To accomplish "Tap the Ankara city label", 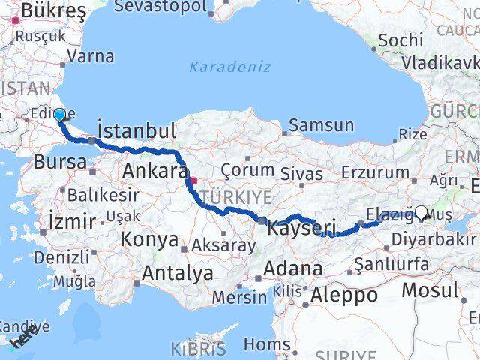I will pyautogui.click(x=154, y=171).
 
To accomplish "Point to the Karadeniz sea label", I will pyautogui.click(x=229, y=67).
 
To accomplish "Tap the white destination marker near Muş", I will pyautogui.click(x=421, y=213).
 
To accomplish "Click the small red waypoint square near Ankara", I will pyautogui.click(x=193, y=181).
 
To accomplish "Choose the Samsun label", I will pyautogui.click(x=321, y=125).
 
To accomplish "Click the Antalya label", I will pyautogui.click(x=177, y=273).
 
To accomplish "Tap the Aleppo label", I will pyautogui.click(x=344, y=294).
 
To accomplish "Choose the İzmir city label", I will pyautogui.click(x=71, y=221).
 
